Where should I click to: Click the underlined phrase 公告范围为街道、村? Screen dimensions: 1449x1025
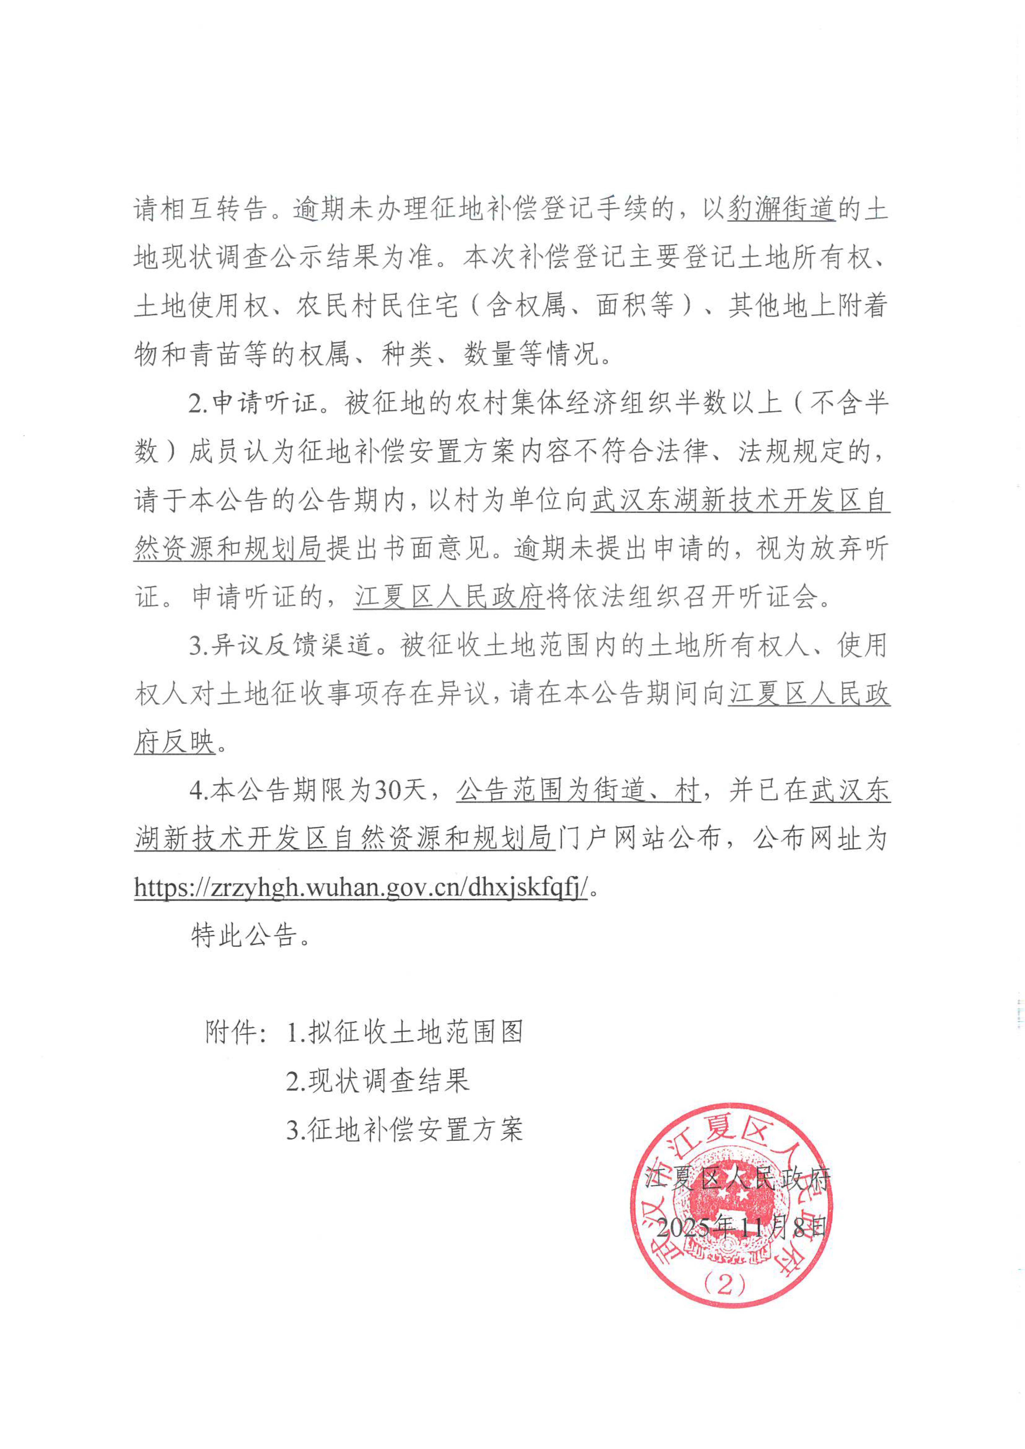pyautogui.click(x=578, y=790)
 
